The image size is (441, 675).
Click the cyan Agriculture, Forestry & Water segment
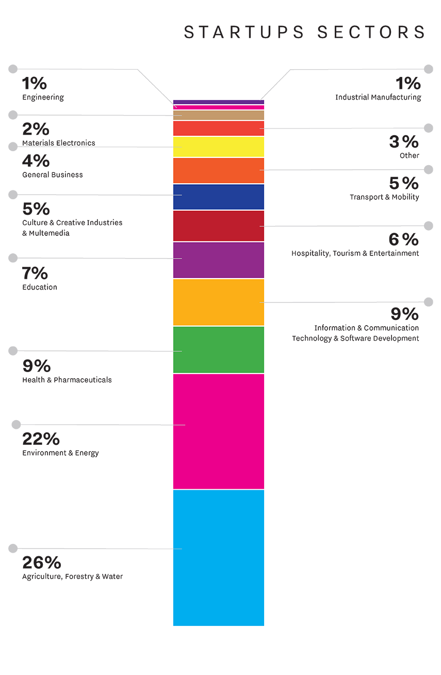pyautogui.click(x=218, y=558)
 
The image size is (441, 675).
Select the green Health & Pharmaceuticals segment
pyautogui.click(x=218, y=349)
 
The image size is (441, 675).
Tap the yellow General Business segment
pyautogui.click(x=218, y=147)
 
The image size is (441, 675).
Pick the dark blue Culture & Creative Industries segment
pyautogui.click(x=218, y=197)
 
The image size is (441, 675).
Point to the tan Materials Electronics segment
pyautogui.click(x=218, y=115)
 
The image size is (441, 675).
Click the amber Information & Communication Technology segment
pyautogui.click(x=218, y=302)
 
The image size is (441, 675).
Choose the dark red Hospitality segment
pyautogui.click(x=218, y=226)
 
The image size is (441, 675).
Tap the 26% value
pyautogui.click(x=42, y=562)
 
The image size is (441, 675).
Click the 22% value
pyautogui.click(x=41, y=439)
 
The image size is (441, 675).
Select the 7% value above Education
pyautogui.click(x=35, y=274)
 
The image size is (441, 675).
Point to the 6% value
pyautogui.click(x=404, y=239)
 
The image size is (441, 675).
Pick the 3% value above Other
pyautogui.click(x=404, y=141)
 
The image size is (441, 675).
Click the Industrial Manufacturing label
pyautogui.click(x=378, y=98)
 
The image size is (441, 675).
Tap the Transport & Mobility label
pyautogui.click(x=384, y=197)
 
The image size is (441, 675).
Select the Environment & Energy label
pyautogui.click(x=60, y=453)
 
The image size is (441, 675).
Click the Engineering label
pyautogui.click(x=43, y=98)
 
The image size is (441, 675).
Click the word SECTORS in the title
pyautogui.click(x=371, y=32)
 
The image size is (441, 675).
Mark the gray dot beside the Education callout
pyautogui.click(x=13, y=258)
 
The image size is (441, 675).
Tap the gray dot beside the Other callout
pyautogui.click(x=428, y=128)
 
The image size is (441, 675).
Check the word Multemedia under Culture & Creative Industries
pyautogui.click(x=49, y=233)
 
